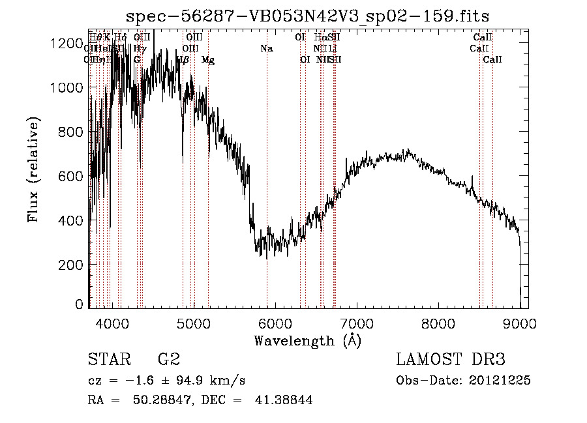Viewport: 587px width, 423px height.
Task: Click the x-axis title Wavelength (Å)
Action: click(x=307, y=340)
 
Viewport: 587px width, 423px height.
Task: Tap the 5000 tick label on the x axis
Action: click(x=194, y=323)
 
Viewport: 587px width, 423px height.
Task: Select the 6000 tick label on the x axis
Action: click(x=275, y=323)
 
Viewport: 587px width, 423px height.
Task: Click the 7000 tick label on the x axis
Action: click(x=357, y=323)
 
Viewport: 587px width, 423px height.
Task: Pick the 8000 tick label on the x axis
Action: click(x=438, y=323)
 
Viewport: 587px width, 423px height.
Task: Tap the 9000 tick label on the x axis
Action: click(x=520, y=323)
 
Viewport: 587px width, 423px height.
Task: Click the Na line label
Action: click(x=266, y=49)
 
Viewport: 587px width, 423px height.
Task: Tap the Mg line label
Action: click(x=208, y=60)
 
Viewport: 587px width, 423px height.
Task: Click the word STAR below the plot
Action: click(x=107, y=360)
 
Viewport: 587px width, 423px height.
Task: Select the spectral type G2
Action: click(x=169, y=360)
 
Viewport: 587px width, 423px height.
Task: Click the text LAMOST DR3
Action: click(x=451, y=360)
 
